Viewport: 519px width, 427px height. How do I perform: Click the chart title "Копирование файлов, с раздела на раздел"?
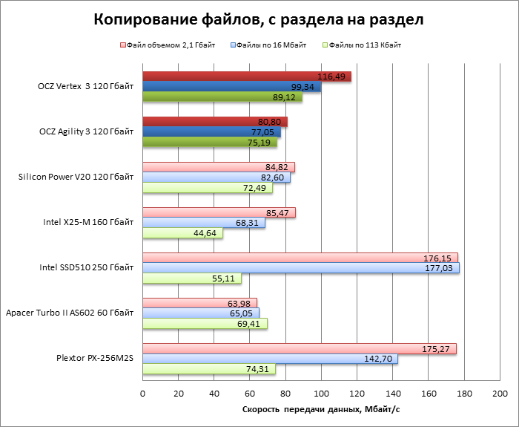coord(259,20)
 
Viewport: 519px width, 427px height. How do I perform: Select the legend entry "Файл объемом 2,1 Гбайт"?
coord(171,45)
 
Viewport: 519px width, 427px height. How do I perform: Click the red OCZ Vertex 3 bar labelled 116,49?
coord(246,76)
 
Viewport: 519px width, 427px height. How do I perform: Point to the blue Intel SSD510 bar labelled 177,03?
coord(300,268)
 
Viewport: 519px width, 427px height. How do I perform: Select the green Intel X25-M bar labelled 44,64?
coord(182,233)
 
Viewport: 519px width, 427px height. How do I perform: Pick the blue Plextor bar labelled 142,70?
coord(270,359)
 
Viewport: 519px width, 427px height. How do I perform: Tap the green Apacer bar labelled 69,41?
coord(205,324)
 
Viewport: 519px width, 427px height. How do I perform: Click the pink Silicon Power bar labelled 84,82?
coord(218,167)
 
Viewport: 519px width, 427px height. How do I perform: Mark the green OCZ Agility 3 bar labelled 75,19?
coord(209,143)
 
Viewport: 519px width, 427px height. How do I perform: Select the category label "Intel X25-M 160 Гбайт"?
coord(90,223)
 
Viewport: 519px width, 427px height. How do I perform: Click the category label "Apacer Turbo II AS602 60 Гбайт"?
coord(70,313)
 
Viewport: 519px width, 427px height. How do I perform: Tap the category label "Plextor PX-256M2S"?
coord(95,358)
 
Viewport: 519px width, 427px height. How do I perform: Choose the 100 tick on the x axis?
coord(321,393)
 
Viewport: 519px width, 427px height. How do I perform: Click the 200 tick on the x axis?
coord(500,393)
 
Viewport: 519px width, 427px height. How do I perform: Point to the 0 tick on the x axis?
coord(142,393)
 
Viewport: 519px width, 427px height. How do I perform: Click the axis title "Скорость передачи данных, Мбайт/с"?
coord(321,409)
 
